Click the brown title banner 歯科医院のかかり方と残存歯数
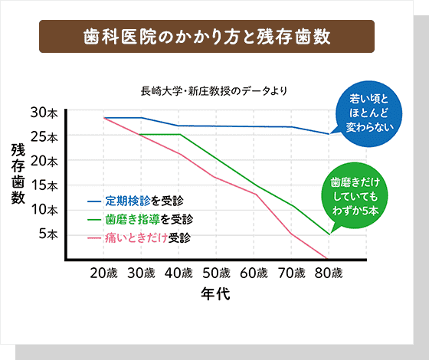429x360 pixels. coord(207,38)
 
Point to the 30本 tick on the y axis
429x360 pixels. coord(44,113)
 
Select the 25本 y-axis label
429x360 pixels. coord(44,138)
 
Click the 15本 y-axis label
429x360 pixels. coord(44,185)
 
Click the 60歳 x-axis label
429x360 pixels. coord(254,273)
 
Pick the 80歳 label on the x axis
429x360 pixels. coord(328,273)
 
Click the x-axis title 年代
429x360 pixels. coord(215,294)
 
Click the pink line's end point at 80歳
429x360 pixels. coord(327,259)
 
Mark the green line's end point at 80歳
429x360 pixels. coord(329,234)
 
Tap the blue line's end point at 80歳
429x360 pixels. coord(329,134)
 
